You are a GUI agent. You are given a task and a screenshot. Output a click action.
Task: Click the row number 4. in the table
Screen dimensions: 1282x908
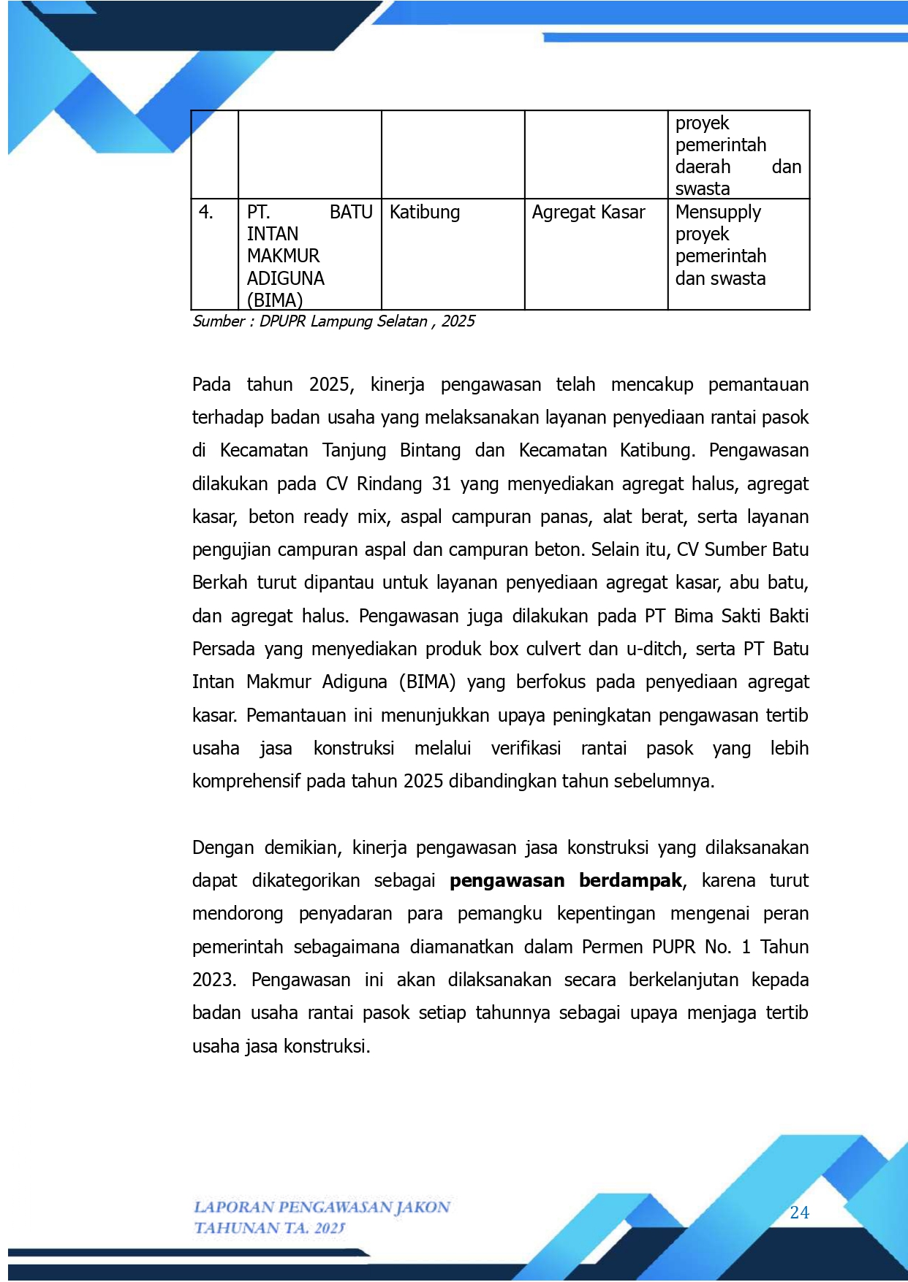click(206, 213)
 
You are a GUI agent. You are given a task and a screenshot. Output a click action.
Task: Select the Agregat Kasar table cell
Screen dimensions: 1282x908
click(589, 213)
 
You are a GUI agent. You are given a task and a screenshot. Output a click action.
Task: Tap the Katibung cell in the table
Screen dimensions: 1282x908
click(425, 213)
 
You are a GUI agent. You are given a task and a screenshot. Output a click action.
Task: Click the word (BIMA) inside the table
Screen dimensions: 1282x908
click(275, 300)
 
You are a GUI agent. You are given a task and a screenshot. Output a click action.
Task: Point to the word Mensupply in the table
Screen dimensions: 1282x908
click(718, 213)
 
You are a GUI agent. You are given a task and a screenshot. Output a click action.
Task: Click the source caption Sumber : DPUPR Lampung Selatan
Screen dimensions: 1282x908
click(333, 321)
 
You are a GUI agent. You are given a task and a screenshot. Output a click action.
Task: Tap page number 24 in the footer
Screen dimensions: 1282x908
click(799, 1213)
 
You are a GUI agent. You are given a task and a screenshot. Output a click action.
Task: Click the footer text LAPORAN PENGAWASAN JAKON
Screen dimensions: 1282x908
click(322, 1207)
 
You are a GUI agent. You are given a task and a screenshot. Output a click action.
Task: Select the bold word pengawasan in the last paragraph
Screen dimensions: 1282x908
click(507, 881)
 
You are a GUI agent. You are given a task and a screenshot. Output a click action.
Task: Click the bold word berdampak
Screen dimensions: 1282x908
click(630, 881)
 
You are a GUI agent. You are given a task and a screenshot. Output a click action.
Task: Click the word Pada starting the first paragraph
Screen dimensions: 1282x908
click(211, 385)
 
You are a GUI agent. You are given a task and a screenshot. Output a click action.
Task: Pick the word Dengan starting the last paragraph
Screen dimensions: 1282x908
click(223, 848)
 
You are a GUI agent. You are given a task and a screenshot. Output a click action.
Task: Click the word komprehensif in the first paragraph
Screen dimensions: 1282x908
click(246, 782)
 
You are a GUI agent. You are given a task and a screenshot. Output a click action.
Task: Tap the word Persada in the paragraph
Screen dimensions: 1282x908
click(224, 649)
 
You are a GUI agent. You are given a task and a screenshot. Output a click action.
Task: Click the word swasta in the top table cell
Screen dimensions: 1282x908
click(703, 189)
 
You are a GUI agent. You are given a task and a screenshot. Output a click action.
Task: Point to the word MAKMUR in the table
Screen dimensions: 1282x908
click(284, 256)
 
